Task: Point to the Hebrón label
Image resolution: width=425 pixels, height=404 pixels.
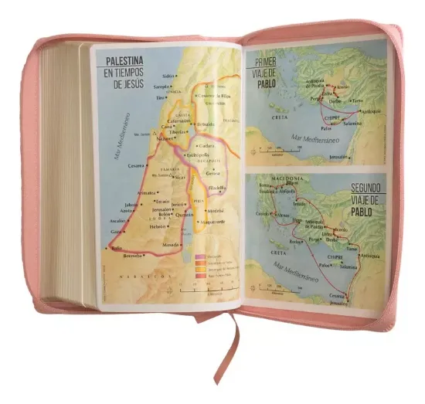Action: pos(158,226)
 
